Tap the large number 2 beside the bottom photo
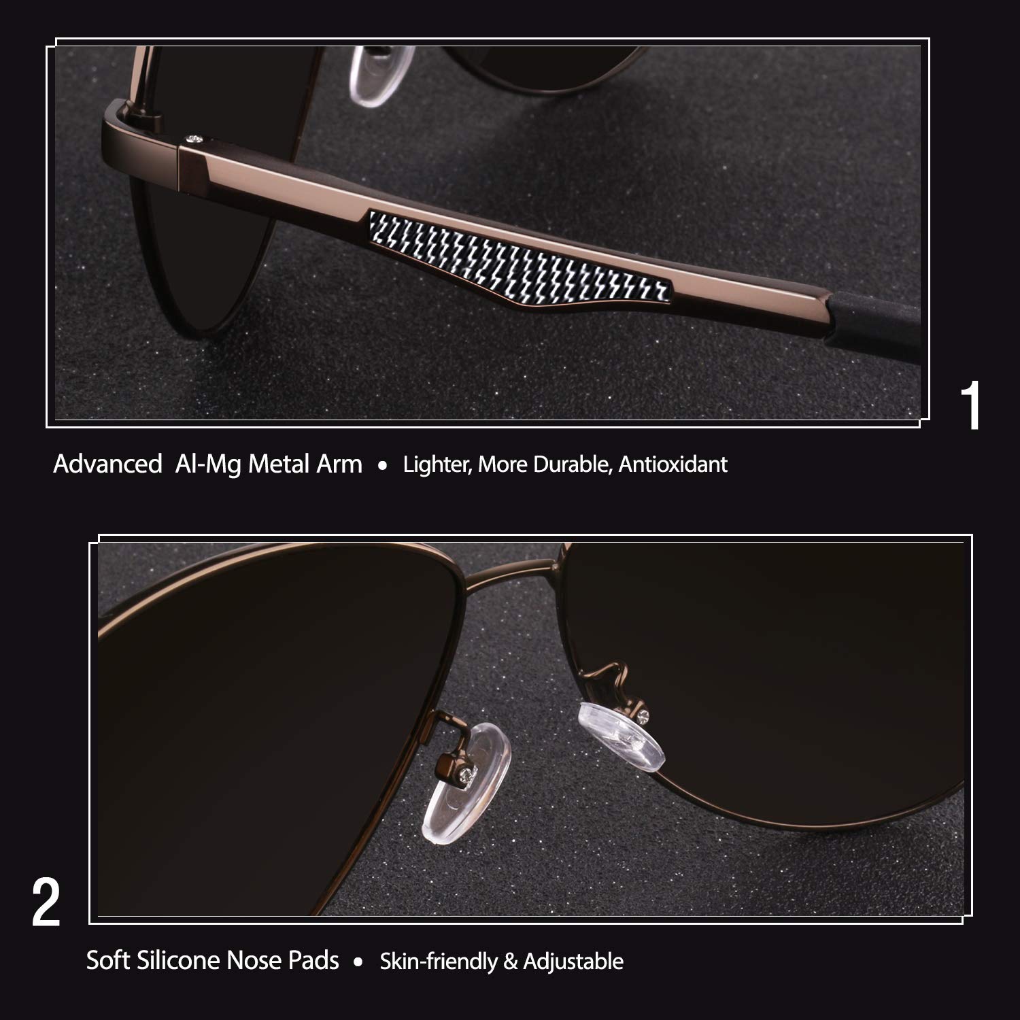(46, 903)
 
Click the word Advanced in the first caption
(107, 464)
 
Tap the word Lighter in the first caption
(437, 464)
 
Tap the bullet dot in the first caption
(383, 466)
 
